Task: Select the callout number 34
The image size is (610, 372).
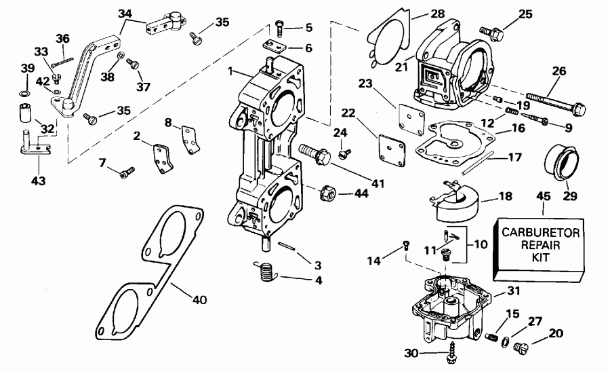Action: coord(125,13)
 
